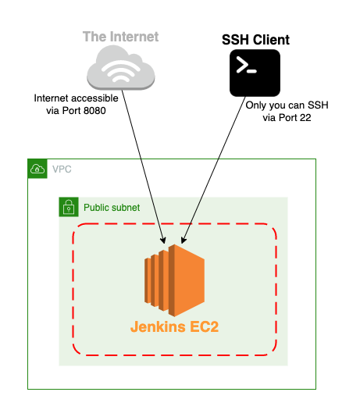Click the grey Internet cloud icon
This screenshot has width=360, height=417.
coord(121,67)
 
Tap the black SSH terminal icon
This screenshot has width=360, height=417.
coord(255,73)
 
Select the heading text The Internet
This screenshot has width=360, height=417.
coord(120,37)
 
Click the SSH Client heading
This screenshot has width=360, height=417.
coord(255,40)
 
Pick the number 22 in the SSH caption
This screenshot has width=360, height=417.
coord(305,118)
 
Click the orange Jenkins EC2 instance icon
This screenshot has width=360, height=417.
coord(174,280)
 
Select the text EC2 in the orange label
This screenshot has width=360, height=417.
coord(204,326)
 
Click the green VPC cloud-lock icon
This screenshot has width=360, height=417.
coord(37,169)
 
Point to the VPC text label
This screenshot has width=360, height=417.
coord(62,169)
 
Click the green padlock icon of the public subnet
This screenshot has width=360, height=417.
coord(69,207)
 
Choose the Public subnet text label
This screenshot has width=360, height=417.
coord(112,208)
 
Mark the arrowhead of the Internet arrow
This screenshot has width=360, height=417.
coord(163,241)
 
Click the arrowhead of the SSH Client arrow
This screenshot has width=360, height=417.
coord(184,241)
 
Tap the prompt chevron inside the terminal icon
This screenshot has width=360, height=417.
coord(242,64)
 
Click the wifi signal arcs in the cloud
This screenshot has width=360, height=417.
coord(121,71)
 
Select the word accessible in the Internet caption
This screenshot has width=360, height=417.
coord(93,98)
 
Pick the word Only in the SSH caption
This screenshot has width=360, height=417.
coord(256,105)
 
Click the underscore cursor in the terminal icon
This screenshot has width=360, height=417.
coord(251,71)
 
